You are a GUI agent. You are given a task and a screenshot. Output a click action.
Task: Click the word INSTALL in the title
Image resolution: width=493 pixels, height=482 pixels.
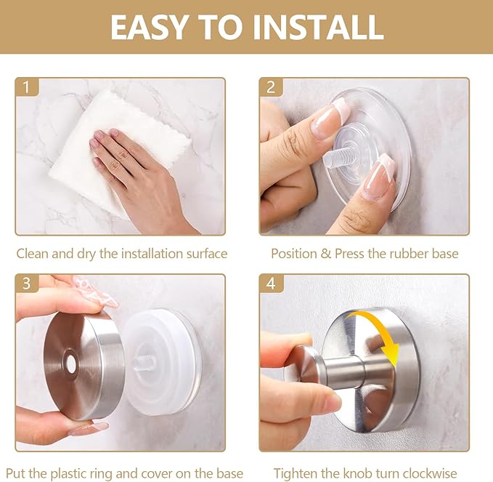coord(318,27)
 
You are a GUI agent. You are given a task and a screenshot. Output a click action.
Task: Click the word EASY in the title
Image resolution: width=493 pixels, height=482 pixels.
coord(148,27)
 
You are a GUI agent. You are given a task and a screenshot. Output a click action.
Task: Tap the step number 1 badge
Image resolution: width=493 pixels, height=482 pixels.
coord(27,87)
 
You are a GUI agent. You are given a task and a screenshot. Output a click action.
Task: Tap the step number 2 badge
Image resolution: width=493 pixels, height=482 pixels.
coord(271,87)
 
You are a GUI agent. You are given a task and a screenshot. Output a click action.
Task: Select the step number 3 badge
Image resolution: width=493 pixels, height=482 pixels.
coord(27,283)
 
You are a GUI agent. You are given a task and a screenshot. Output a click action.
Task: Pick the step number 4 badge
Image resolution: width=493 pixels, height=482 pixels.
coord(271,283)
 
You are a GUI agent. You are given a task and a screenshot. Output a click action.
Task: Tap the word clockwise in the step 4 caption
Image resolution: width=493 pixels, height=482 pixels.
coord(430,474)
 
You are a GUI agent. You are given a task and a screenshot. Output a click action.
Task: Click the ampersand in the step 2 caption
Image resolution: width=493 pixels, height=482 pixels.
coord(326,254)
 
